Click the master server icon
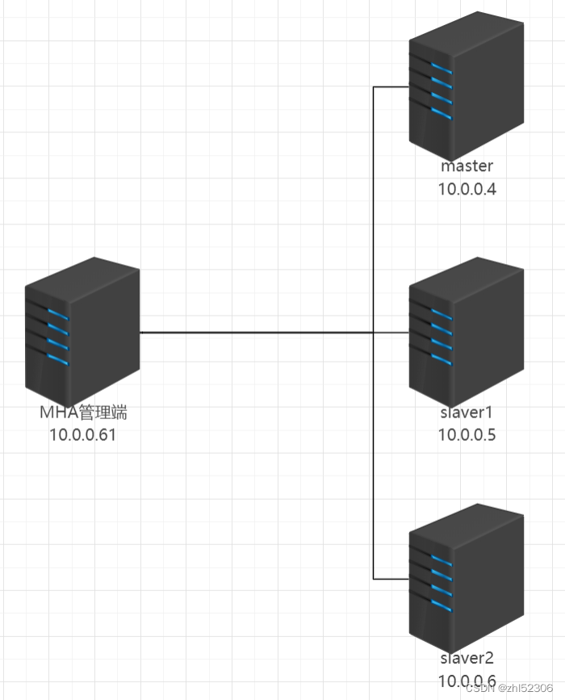(x=466, y=86)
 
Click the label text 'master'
(x=467, y=166)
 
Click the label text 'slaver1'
(x=467, y=413)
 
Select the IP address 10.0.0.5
(x=467, y=435)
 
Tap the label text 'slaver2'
(x=467, y=660)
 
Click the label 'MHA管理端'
(x=84, y=413)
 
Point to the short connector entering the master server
(x=391, y=86)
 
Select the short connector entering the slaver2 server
(x=391, y=579)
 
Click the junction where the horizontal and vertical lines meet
(x=374, y=332)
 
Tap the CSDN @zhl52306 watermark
(x=514, y=687)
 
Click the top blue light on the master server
(x=441, y=65)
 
